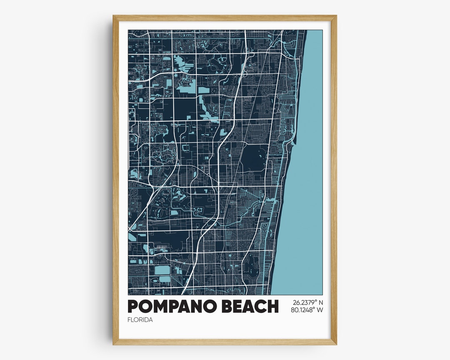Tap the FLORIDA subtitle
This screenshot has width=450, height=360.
point(140,320)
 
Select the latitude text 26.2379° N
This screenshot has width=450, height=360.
point(307,302)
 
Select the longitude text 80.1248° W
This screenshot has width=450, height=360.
point(307,310)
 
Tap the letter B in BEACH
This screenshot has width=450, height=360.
point(225,306)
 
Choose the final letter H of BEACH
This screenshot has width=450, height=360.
point(272,306)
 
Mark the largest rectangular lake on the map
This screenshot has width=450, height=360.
point(162,270)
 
